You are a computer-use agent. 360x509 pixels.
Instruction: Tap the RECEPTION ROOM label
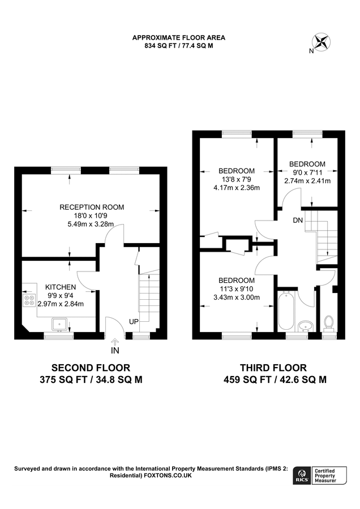[x=92, y=207]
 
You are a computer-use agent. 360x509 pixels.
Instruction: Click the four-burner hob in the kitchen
[x=28, y=300]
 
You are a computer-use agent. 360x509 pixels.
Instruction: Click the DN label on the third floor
[x=298, y=220]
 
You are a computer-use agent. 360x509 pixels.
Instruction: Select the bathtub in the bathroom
[x=286, y=310]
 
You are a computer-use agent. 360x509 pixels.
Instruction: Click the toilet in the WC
[x=328, y=323]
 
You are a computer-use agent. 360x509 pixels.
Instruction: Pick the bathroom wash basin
[x=306, y=326]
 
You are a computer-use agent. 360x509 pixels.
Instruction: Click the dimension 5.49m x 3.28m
[x=92, y=224]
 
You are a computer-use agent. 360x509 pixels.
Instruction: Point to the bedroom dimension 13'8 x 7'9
[x=237, y=179]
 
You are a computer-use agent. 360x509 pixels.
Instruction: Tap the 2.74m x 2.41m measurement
[x=307, y=181]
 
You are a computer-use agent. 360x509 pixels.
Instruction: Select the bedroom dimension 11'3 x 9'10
[x=237, y=289]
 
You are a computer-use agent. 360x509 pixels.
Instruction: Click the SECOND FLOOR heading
[x=91, y=368]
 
